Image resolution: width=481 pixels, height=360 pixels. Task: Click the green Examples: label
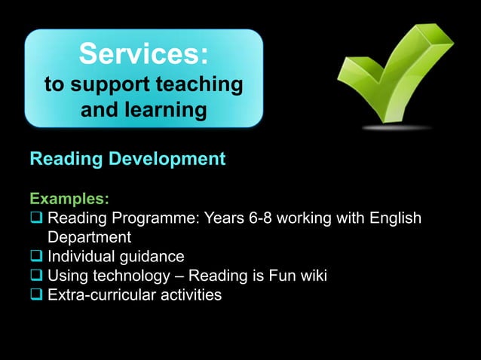(69, 200)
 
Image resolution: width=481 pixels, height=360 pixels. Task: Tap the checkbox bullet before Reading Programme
(36, 219)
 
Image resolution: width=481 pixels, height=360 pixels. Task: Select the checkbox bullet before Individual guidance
(36, 257)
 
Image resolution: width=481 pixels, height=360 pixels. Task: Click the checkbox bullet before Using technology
(36, 276)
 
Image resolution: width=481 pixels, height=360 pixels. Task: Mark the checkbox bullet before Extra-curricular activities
(36, 294)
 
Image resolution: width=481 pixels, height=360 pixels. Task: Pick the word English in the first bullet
(394, 219)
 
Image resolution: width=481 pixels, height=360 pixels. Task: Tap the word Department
(90, 238)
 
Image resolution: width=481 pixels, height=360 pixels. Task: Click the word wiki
(311, 276)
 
